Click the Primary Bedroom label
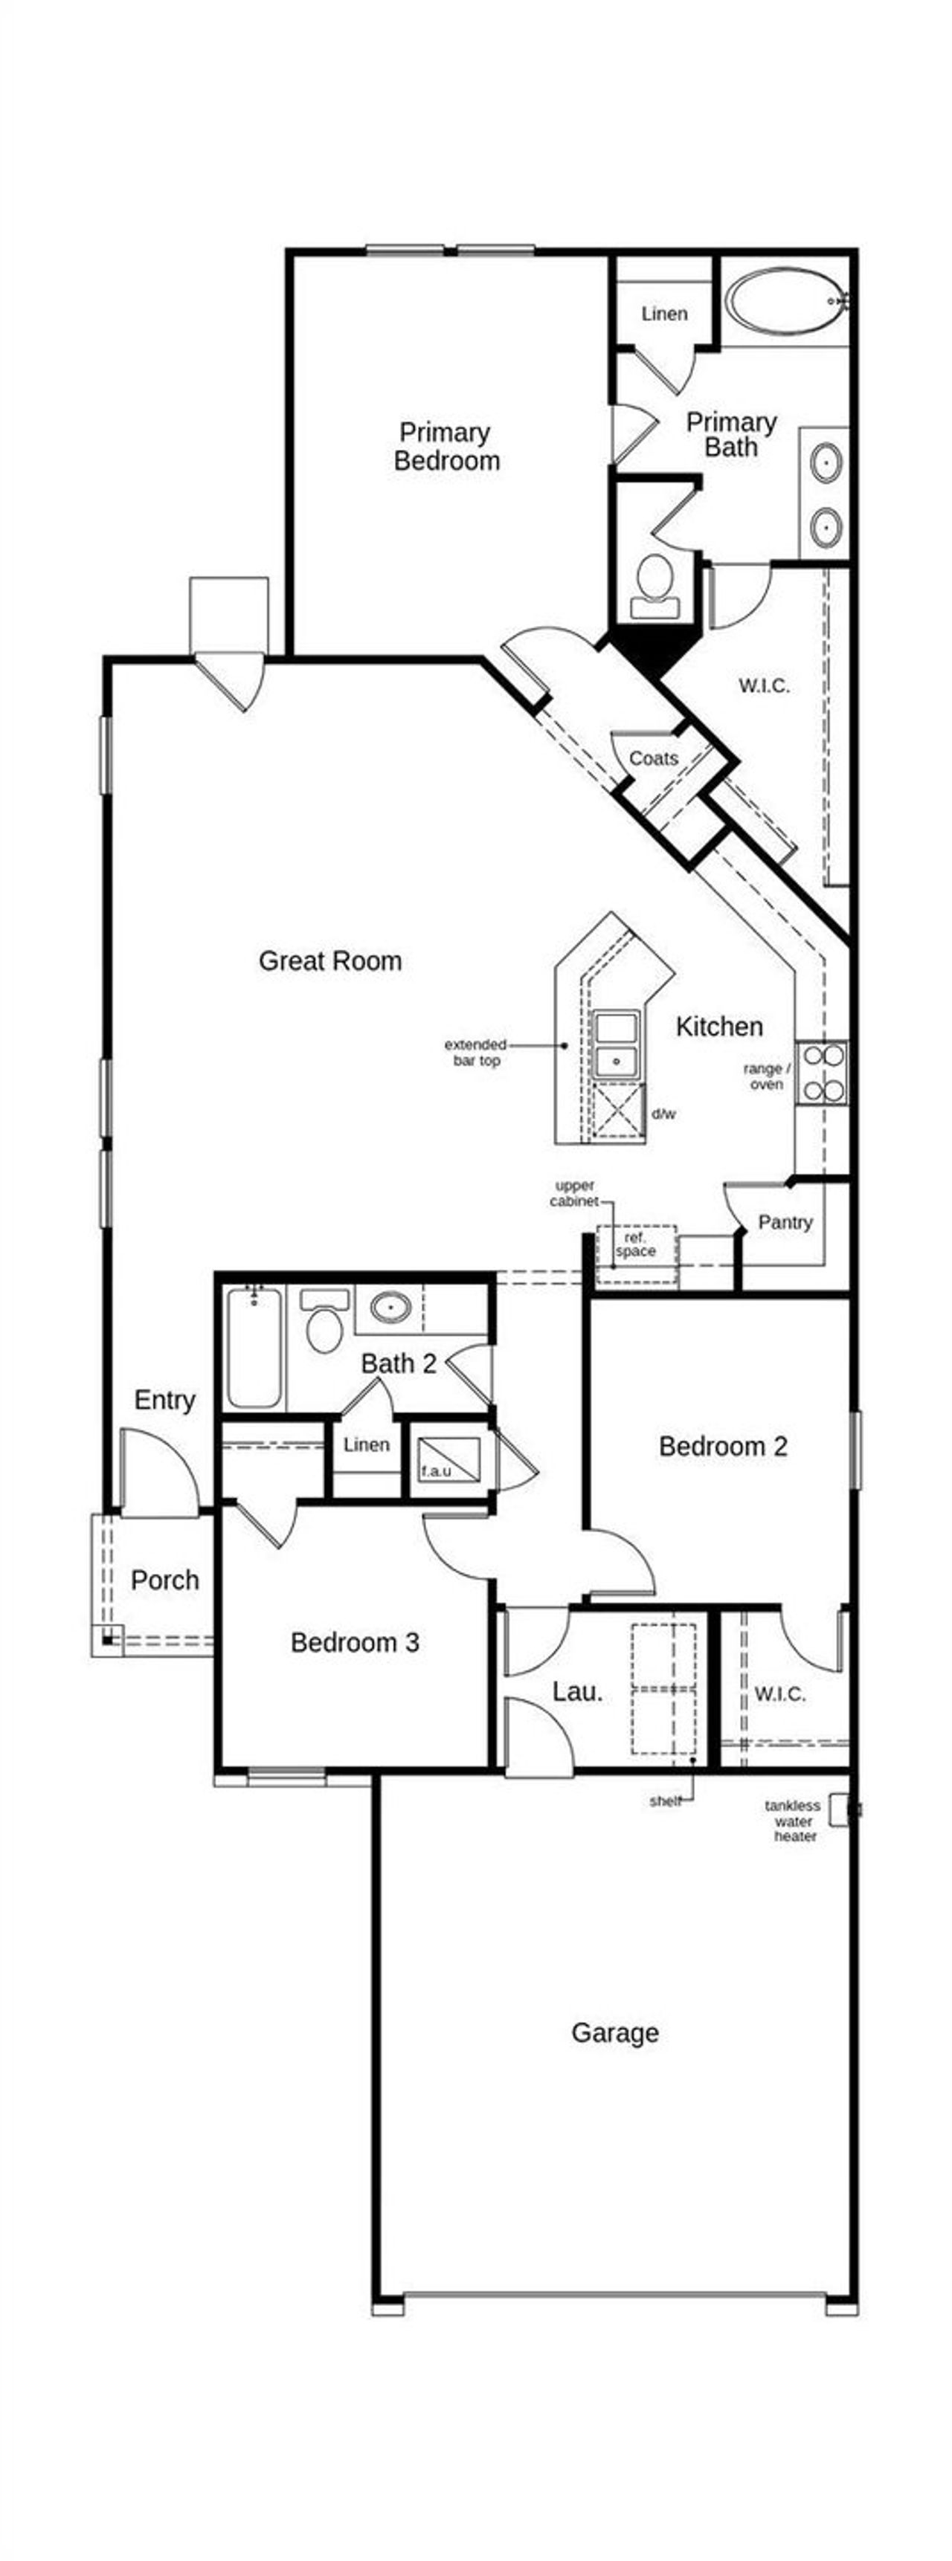pos(446,446)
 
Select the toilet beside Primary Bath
pos(654,584)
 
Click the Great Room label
pos(330,961)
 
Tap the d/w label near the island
pos(663,1114)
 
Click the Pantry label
pos(785,1222)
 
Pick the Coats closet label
pos(654,758)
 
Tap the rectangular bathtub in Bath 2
pos(254,1347)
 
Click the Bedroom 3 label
pos(354,1642)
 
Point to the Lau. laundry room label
pos(577,1691)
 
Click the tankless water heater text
pos(793,1821)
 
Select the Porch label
pos(164,1580)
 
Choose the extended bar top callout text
pos(475,1053)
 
